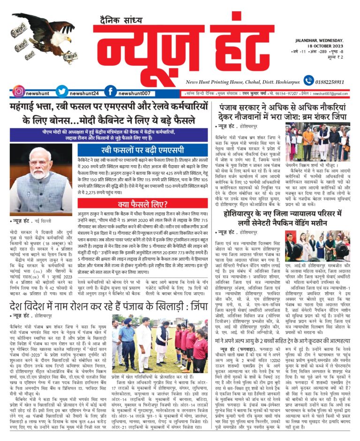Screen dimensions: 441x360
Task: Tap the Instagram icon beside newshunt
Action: click(x=18, y=92)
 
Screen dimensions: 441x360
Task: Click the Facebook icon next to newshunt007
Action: click(x=110, y=92)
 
